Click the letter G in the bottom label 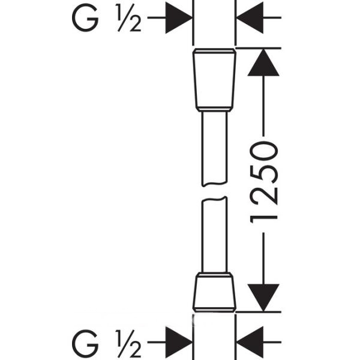pyautogui.click(x=85, y=343)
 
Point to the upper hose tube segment pyautogui.click(x=214, y=147)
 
